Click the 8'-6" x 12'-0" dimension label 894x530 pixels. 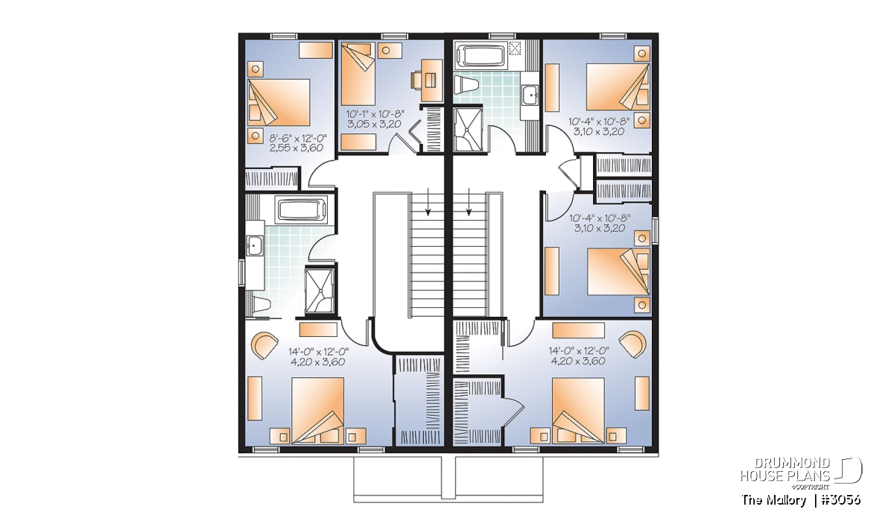pos(298,139)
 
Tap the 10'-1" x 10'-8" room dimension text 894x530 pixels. pos(375,115)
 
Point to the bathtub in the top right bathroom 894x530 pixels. pos(479,56)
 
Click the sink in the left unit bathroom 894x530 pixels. pos(254,245)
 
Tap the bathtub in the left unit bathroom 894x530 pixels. pos(303,210)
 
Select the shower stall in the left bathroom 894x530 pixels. pos(320,291)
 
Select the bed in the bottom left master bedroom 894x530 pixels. pos(317,411)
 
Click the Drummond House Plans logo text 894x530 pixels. pos(785,470)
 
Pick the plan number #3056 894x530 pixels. pos(840,500)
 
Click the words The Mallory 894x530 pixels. pos(774,500)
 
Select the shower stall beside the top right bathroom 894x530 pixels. pos(468,130)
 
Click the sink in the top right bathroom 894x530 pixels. pos(530,95)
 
